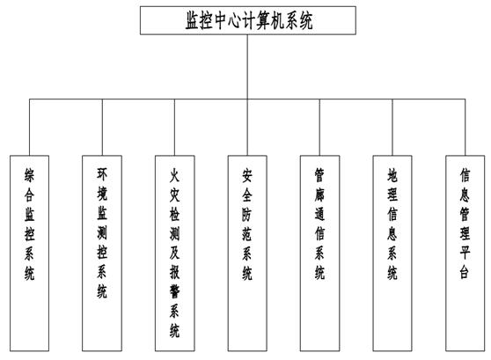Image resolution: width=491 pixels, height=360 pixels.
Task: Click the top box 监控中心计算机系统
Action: (x=247, y=20)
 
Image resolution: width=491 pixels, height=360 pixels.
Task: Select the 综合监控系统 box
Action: (x=29, y=253)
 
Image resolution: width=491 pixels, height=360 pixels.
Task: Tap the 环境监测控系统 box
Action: (x=102, y=253)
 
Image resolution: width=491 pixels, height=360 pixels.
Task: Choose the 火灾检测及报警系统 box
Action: (x=175, y=253)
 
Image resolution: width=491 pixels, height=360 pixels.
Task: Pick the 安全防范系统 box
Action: (x=247, y=253)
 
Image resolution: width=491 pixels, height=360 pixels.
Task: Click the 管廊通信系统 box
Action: (x=319, y=253)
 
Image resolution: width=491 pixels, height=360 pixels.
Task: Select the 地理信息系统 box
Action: (x=392, y=253)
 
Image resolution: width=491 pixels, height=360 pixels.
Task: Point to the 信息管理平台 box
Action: (x=465, y=253)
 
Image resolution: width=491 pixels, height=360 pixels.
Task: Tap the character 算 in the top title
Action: (x=265, y=20)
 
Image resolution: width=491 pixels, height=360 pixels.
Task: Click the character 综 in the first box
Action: (x=29, y=175)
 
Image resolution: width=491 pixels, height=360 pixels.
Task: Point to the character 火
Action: (x=175, y=175)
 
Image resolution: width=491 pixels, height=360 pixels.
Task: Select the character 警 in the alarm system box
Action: (x=175, y=292)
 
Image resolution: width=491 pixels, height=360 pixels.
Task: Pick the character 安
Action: (x=247, y=175)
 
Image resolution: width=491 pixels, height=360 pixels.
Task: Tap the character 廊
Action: (x=319, y=195)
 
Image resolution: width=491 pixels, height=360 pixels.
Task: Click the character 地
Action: (x=392, y=175)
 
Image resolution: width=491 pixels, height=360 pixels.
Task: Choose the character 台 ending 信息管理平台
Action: (x=465, y=272)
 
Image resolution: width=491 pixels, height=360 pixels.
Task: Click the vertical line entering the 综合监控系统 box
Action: (x=29, y=128)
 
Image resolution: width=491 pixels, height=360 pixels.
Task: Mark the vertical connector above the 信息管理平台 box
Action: (x=465, y=128)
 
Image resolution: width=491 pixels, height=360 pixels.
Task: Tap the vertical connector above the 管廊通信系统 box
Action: (x=319, y=128)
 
